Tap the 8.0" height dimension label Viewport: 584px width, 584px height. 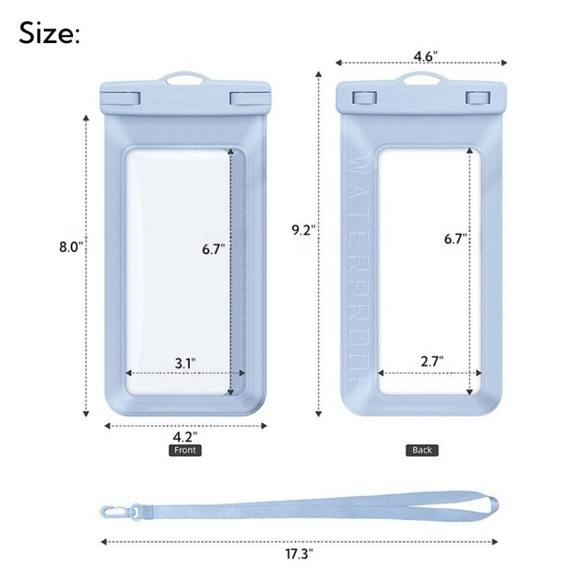pos(71,247)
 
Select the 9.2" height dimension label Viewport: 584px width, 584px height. pos(303,230)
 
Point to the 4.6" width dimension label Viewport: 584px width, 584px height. pos(425,56)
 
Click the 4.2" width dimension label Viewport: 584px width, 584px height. pos(185,436)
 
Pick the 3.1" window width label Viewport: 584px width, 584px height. pos(185,363)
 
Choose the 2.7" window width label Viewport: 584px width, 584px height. pos(432,361)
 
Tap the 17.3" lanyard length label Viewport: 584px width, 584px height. pos(299,554)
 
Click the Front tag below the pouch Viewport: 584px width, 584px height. pos(185,450)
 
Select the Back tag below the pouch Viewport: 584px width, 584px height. pos(422,450)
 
